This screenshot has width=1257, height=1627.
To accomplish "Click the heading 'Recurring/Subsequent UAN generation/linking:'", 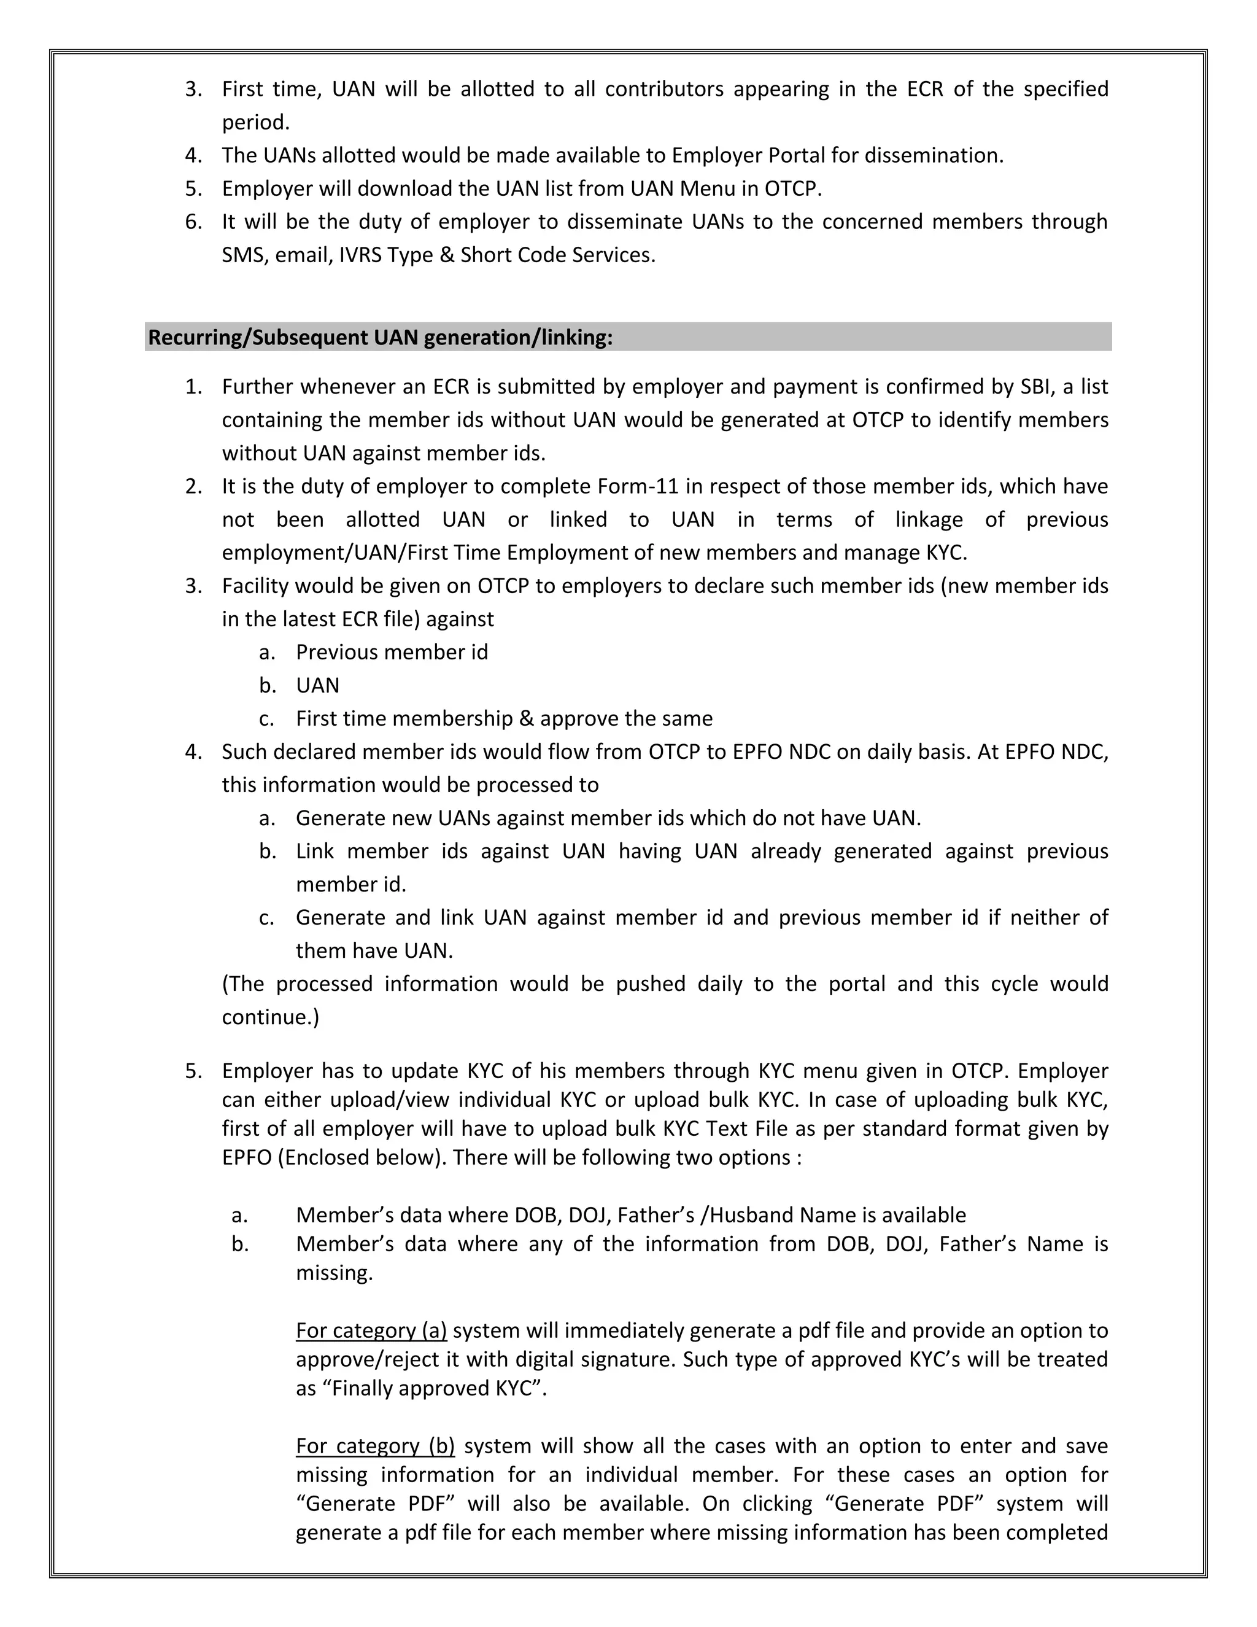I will point(380,338).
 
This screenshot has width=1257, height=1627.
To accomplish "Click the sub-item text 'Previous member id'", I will point(392,653).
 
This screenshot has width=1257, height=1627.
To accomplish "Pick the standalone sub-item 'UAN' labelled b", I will point(317,685).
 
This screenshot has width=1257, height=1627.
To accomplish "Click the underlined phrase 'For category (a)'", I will point(371,1330).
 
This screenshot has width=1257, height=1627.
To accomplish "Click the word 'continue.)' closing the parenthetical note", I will point(270,1017).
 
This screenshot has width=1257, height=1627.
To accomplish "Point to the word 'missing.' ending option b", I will point(334,1273).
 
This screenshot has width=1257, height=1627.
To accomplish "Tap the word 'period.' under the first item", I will point(255,123).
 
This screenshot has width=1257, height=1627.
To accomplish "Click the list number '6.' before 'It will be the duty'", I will point(193,222).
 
